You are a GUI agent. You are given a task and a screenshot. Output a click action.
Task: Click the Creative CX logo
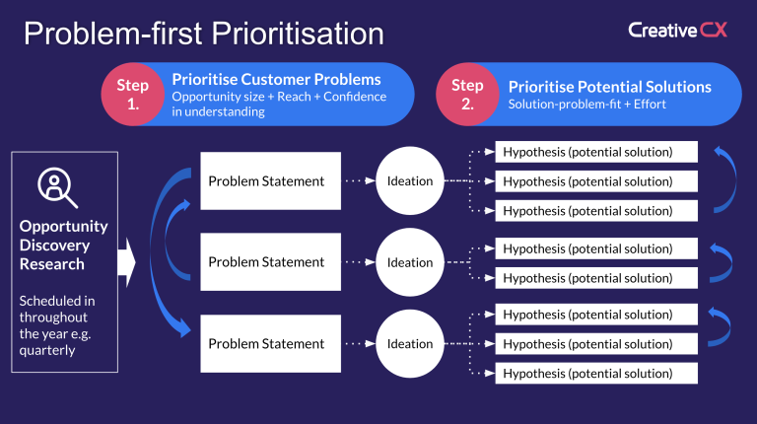[x=677, y=30]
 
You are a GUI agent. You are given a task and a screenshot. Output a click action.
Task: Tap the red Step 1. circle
[x=133, y=95]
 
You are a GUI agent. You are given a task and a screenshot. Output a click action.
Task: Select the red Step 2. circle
[x=468, y=95]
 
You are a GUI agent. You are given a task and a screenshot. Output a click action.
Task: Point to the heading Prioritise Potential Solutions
[x=609, y=87]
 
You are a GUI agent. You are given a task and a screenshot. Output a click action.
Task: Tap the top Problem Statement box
[x=265, y=180]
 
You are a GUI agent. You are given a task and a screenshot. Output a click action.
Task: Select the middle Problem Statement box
[x=265, y=262]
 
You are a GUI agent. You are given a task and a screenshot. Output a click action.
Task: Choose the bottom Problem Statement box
[x=265, y=343]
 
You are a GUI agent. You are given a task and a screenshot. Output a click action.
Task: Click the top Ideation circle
[x=409, y=181]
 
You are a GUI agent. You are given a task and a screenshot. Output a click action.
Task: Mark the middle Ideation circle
[x=409, y=262]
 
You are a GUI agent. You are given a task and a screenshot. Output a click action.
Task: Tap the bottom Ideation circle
[x=409, y=344]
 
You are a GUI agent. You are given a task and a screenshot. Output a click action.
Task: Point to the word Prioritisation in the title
[x=295, y=34]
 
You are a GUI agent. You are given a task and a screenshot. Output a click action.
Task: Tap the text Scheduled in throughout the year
[x=58, y=321]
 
